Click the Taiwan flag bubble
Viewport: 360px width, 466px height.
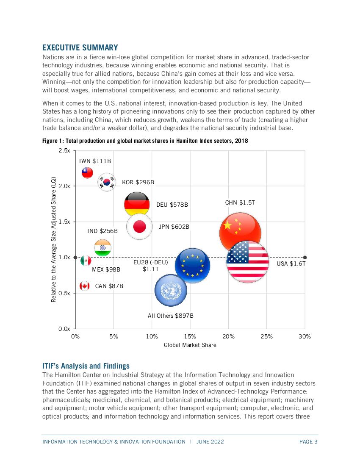tap(87, 172)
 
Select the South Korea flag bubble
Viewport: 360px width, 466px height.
tap(106, 182)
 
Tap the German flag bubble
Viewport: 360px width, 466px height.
tap(137, 204)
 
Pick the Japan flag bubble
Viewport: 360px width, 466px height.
tap(139, 227)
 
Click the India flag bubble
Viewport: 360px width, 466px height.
tap(102, 248)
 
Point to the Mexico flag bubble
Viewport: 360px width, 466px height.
tap(86, 261)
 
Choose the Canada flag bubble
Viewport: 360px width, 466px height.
tap(85, 286)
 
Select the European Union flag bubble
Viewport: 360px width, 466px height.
tap(192, 266)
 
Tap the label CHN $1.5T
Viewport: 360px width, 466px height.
tap(240, 203)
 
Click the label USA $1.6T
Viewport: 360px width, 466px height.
tap(291, 264)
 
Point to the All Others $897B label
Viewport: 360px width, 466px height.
tap(170, 316)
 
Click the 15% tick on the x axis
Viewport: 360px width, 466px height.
tap(190, 336)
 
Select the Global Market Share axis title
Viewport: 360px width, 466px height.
tap(190, 345)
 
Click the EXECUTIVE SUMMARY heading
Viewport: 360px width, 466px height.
tap(80, 47)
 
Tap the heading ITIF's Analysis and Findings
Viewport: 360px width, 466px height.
tap(86, 366)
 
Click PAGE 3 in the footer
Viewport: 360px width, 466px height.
tap(308, 442)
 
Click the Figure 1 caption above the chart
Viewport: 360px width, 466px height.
tap(145, 141)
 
